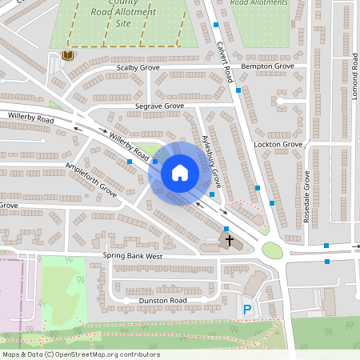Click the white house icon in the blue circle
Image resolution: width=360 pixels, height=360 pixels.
(180, 172)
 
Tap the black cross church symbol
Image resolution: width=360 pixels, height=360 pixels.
(230, 239)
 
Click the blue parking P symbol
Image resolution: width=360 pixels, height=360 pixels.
(247, 309)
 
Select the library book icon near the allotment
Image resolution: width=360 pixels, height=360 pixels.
(67, 55)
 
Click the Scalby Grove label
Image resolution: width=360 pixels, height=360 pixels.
(138, 69)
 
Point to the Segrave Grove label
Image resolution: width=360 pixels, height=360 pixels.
(159, 106)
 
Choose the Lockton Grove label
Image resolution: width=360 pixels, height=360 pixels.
(278, 144)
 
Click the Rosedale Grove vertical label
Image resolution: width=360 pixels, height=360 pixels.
(306, 198)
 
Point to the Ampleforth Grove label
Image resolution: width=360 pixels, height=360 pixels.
(91, 181)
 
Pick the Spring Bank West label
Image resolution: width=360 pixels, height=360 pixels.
(133, 256)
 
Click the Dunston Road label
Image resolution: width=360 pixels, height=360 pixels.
(164, 300)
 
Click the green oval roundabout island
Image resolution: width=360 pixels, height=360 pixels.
(272, 250)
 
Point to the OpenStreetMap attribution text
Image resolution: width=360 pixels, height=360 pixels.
(81, 354)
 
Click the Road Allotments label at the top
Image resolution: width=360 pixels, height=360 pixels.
(259, 3)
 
